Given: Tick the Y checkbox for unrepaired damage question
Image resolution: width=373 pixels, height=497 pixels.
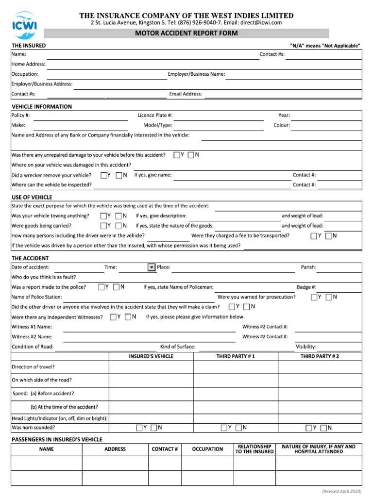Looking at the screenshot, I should (176, 155).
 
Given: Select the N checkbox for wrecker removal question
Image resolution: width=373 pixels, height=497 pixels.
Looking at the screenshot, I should (119, 175).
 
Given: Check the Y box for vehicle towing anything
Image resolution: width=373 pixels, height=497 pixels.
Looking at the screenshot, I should (103, 216).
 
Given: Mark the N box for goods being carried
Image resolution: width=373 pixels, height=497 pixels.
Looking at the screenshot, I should (119, 226).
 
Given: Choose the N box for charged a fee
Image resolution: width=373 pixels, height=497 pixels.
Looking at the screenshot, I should (329, 236).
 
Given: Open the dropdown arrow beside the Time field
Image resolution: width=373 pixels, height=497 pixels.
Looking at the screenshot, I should (151, 267).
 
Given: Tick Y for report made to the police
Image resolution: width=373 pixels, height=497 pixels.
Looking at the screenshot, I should (101, 287).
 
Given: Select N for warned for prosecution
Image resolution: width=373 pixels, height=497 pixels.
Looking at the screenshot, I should (329, 297).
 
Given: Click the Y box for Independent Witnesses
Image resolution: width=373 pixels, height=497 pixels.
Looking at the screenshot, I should (113, 317).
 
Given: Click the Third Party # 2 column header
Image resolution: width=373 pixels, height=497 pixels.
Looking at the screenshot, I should (320, 356).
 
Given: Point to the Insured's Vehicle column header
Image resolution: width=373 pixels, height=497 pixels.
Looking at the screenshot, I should (151, 356).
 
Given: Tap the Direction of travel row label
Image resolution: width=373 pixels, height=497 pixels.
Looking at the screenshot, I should (33, 367).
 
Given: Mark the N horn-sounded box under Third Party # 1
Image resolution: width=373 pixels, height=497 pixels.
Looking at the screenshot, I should (239, 428).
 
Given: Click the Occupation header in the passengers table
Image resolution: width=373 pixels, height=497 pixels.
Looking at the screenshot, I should (207, 449).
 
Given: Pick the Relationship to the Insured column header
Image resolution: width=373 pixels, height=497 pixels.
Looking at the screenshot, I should (254, 449).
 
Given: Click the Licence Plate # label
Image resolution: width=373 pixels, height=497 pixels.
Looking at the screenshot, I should (155, 116).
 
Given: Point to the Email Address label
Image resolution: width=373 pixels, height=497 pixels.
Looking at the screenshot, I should (186, 94).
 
